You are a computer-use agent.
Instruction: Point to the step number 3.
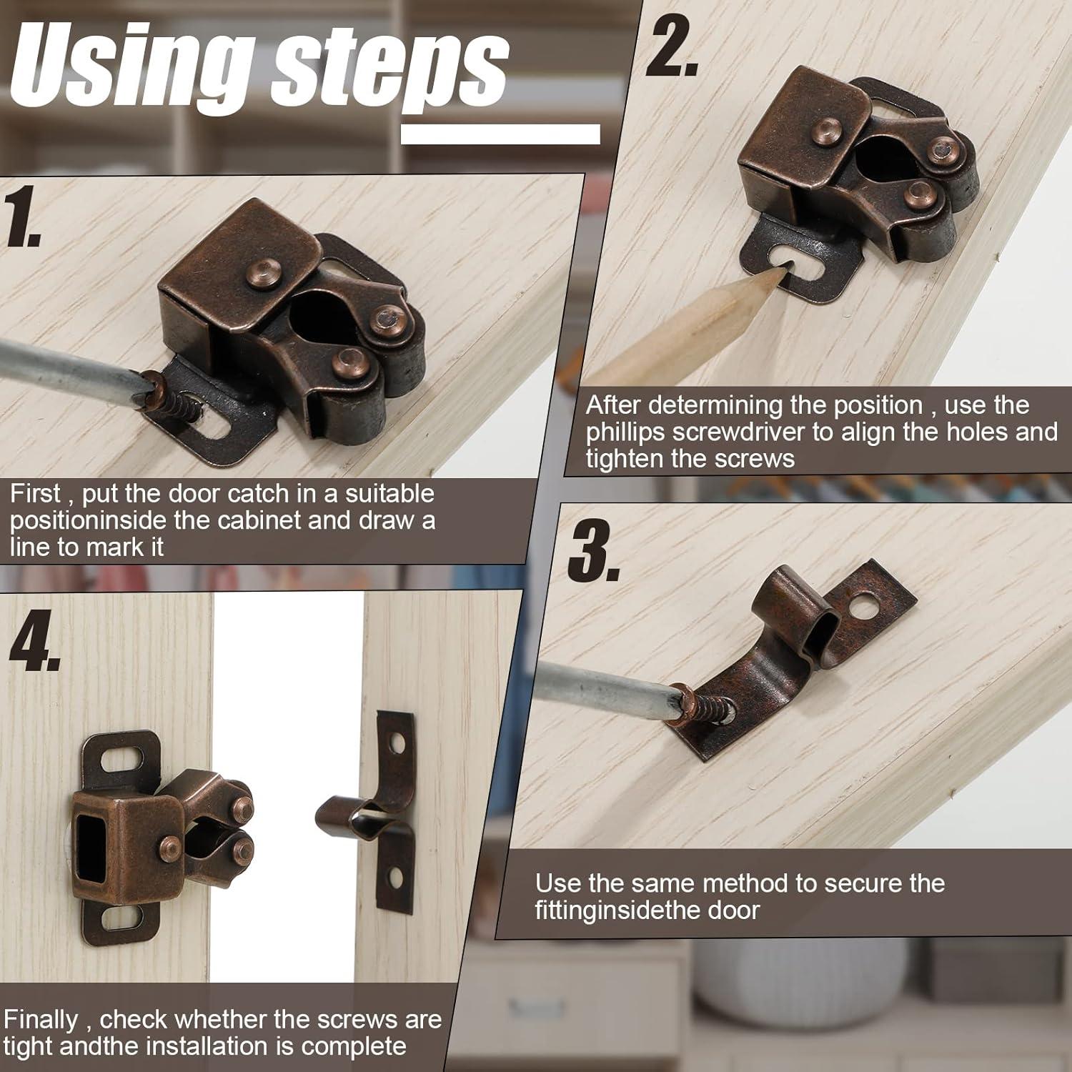coord(594,551)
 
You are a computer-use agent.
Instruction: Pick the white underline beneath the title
coord(500,134)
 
